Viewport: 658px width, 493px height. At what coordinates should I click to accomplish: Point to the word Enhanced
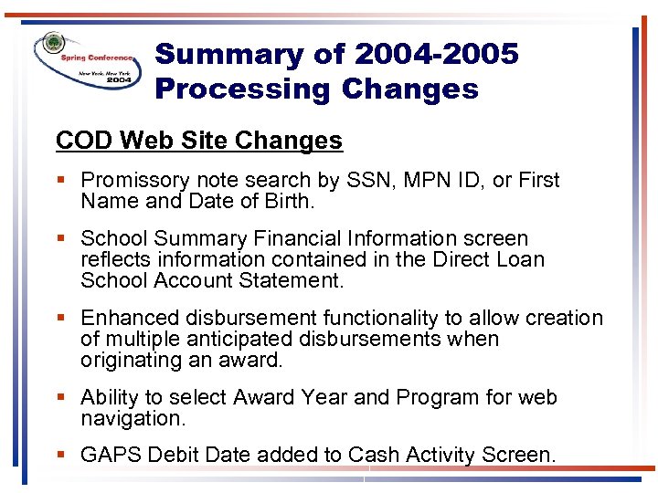click(130, 319)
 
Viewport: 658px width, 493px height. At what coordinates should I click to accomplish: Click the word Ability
click(109, 398)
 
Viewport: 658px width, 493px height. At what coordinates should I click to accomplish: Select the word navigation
click(131, 419)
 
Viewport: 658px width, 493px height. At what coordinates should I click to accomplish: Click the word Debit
click(175, 455)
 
